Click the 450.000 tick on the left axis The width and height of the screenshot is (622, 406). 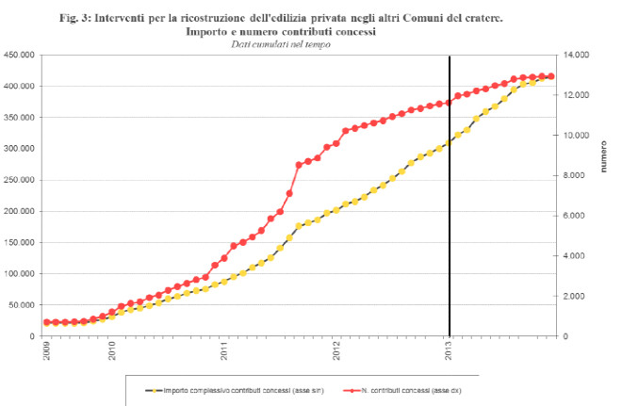[19, 55]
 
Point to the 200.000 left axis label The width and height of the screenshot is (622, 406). [19, 211]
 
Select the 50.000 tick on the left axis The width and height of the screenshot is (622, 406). [22, 305]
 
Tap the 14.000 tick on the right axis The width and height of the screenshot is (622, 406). [576, 55]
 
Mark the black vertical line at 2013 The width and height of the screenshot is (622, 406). [450, 188]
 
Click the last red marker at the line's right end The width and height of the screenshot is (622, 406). [551, 76]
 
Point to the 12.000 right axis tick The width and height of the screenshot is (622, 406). [576, 95]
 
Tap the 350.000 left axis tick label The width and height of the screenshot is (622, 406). [19, 117]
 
